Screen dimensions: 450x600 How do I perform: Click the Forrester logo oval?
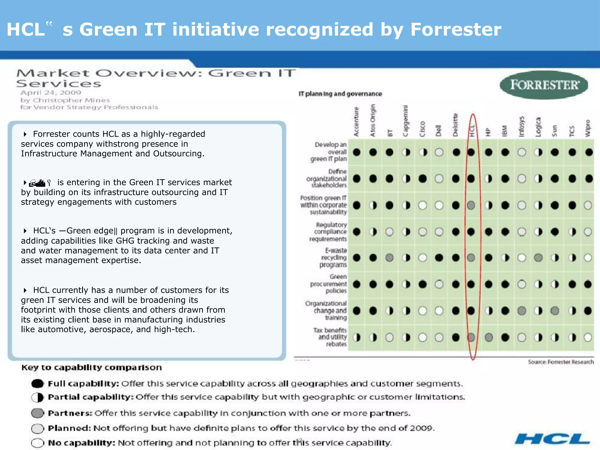pyautogui.click(x=544, y=85)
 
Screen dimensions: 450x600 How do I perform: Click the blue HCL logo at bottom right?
pyautogui.click(x=552, y=439)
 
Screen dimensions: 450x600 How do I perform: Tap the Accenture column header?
pyautogui.click(x=356, y=122)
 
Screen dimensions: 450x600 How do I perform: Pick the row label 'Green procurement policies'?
pyautogui.click(x=329, y=284)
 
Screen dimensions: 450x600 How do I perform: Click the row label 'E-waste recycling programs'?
pyautogui.click(x=333, y=258)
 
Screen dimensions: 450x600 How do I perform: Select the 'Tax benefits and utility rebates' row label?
pyautogui.click(x=330, y=337)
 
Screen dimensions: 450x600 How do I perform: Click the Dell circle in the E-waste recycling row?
pyautogui.click(x=439, y=258)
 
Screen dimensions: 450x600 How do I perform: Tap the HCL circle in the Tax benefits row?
pyautogui.click(x=471, y=337)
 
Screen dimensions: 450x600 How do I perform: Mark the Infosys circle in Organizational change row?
pyautogui.click(x=522, y=311)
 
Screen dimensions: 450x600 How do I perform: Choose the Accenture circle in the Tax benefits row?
pyautogui.click(x=357, y=337)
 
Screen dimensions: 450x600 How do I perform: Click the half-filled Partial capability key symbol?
pyautogui.click(x=37, y=398)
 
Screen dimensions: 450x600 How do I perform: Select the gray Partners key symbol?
pyautogui.click(x=37, y=413)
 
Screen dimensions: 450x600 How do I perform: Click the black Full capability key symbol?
pyautogui.click(x=37, y=383)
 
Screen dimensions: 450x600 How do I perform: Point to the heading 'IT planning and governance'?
pyautogui.click(x=340, y=94)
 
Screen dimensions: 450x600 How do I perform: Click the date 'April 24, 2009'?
pyautogui.click(x=51, y=93)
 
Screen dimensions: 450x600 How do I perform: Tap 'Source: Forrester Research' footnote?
pyautogui.click(x=561, y=362)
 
